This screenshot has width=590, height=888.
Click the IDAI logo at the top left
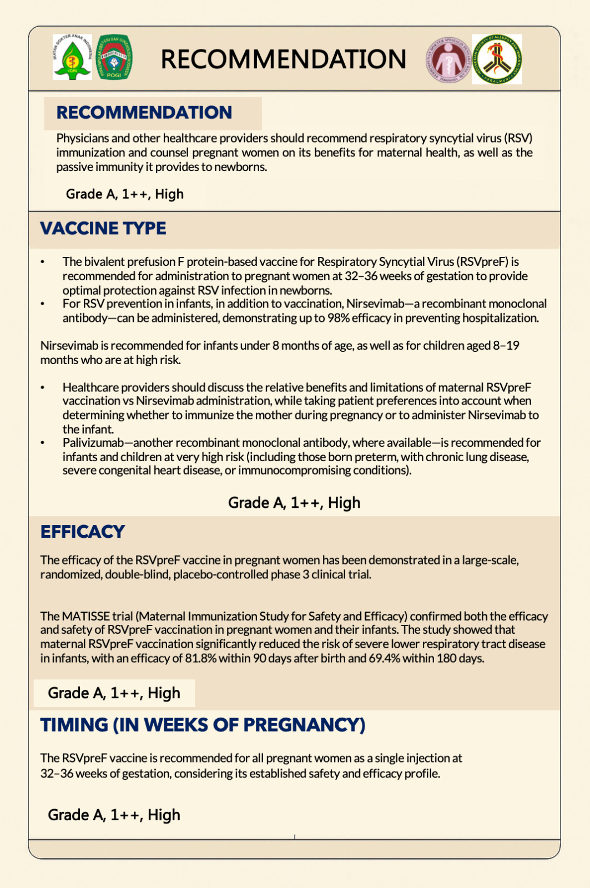(x=73, y=57)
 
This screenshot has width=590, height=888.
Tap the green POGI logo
(x=114, y=57)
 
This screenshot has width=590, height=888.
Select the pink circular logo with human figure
(x=447, y=60)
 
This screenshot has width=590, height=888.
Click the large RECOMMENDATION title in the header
(x=283, y=59)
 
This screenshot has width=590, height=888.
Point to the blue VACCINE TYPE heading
(x=103, y=228)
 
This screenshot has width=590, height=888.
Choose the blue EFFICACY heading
(x=83, y=532)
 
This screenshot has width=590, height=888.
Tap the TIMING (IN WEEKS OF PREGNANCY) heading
(x=203, y=725)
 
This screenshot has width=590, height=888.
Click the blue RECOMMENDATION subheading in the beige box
(x=144, y=113)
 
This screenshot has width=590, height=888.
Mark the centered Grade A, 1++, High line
(x=294, y=503)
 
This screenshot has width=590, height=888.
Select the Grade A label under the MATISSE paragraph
(x=114, y=693)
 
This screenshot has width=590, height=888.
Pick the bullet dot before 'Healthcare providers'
(x=43, y=387)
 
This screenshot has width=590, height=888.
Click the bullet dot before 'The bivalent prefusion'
(x=43, y=262)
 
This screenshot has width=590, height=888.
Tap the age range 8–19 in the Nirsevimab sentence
(x=506, y=346)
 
